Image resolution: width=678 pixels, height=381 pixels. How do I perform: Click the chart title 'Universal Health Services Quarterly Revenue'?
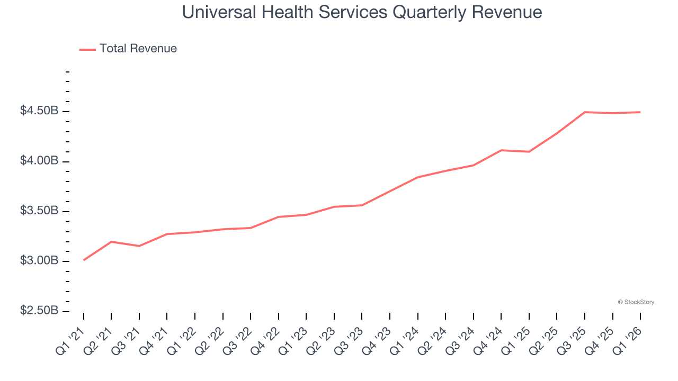coord(362,12)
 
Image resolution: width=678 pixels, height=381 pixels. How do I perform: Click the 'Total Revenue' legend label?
coord(138,49)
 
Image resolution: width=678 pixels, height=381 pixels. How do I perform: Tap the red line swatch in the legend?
coord(87,49)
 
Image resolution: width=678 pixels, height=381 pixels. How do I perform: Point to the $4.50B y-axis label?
coord(39,111)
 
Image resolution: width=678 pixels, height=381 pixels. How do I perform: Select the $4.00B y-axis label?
coord(39,161)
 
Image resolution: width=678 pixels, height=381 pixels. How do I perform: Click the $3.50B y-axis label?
coord(39,211)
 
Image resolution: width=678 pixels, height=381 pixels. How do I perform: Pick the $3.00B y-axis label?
coord(39,261)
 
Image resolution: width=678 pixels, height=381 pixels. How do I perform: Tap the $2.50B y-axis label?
coord(39,311)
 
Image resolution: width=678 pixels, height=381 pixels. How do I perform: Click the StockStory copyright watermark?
coord(636,302)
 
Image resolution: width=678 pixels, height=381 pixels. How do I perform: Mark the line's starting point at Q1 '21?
coord(84,260)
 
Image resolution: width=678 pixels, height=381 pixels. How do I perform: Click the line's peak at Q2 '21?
coord(111,241)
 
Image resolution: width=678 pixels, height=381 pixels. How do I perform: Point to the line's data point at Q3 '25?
coord(585,112)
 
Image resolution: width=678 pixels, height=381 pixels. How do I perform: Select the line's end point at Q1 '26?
coord(640,112)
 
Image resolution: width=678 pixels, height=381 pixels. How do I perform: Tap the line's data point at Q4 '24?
coord(501,150)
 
